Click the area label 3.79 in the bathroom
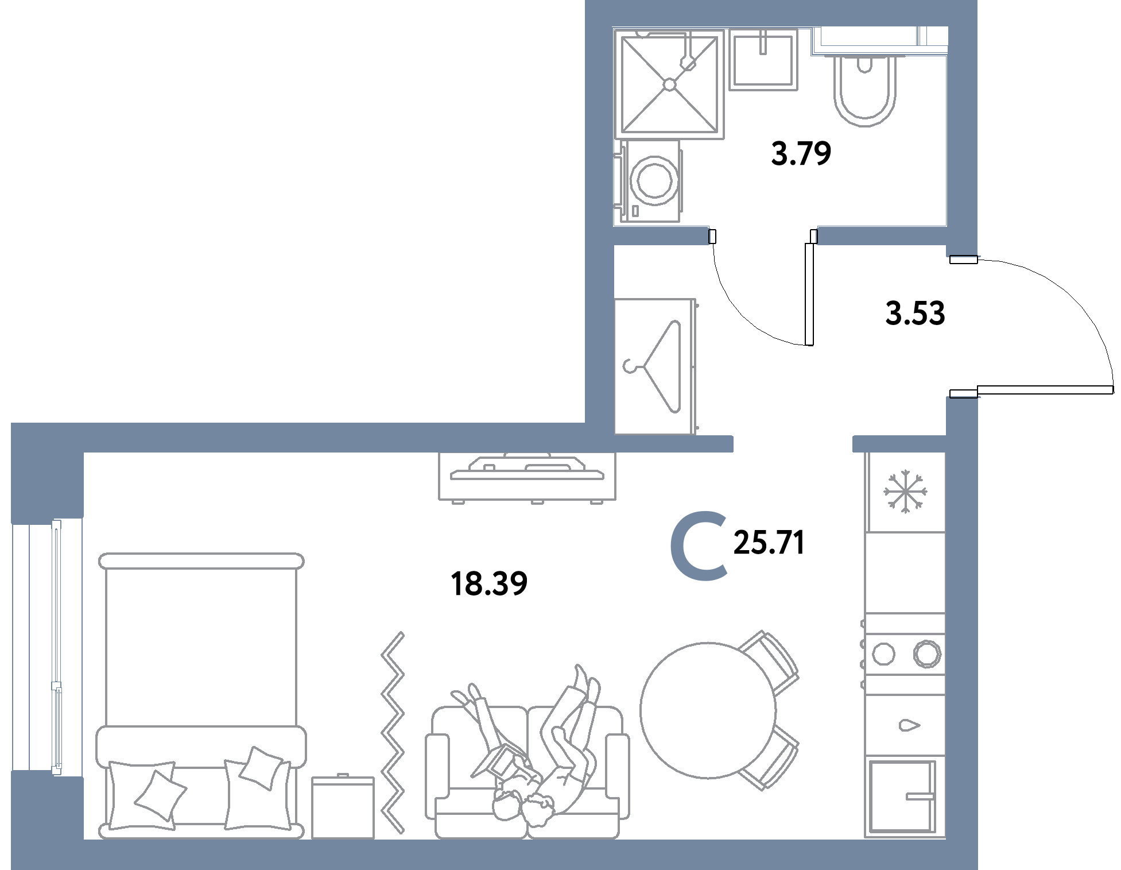801,154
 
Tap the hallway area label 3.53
915,314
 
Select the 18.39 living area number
490,584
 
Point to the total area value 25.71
769,543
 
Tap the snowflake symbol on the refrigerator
905,492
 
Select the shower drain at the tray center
669,84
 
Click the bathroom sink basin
763,59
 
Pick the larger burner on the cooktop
927,653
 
